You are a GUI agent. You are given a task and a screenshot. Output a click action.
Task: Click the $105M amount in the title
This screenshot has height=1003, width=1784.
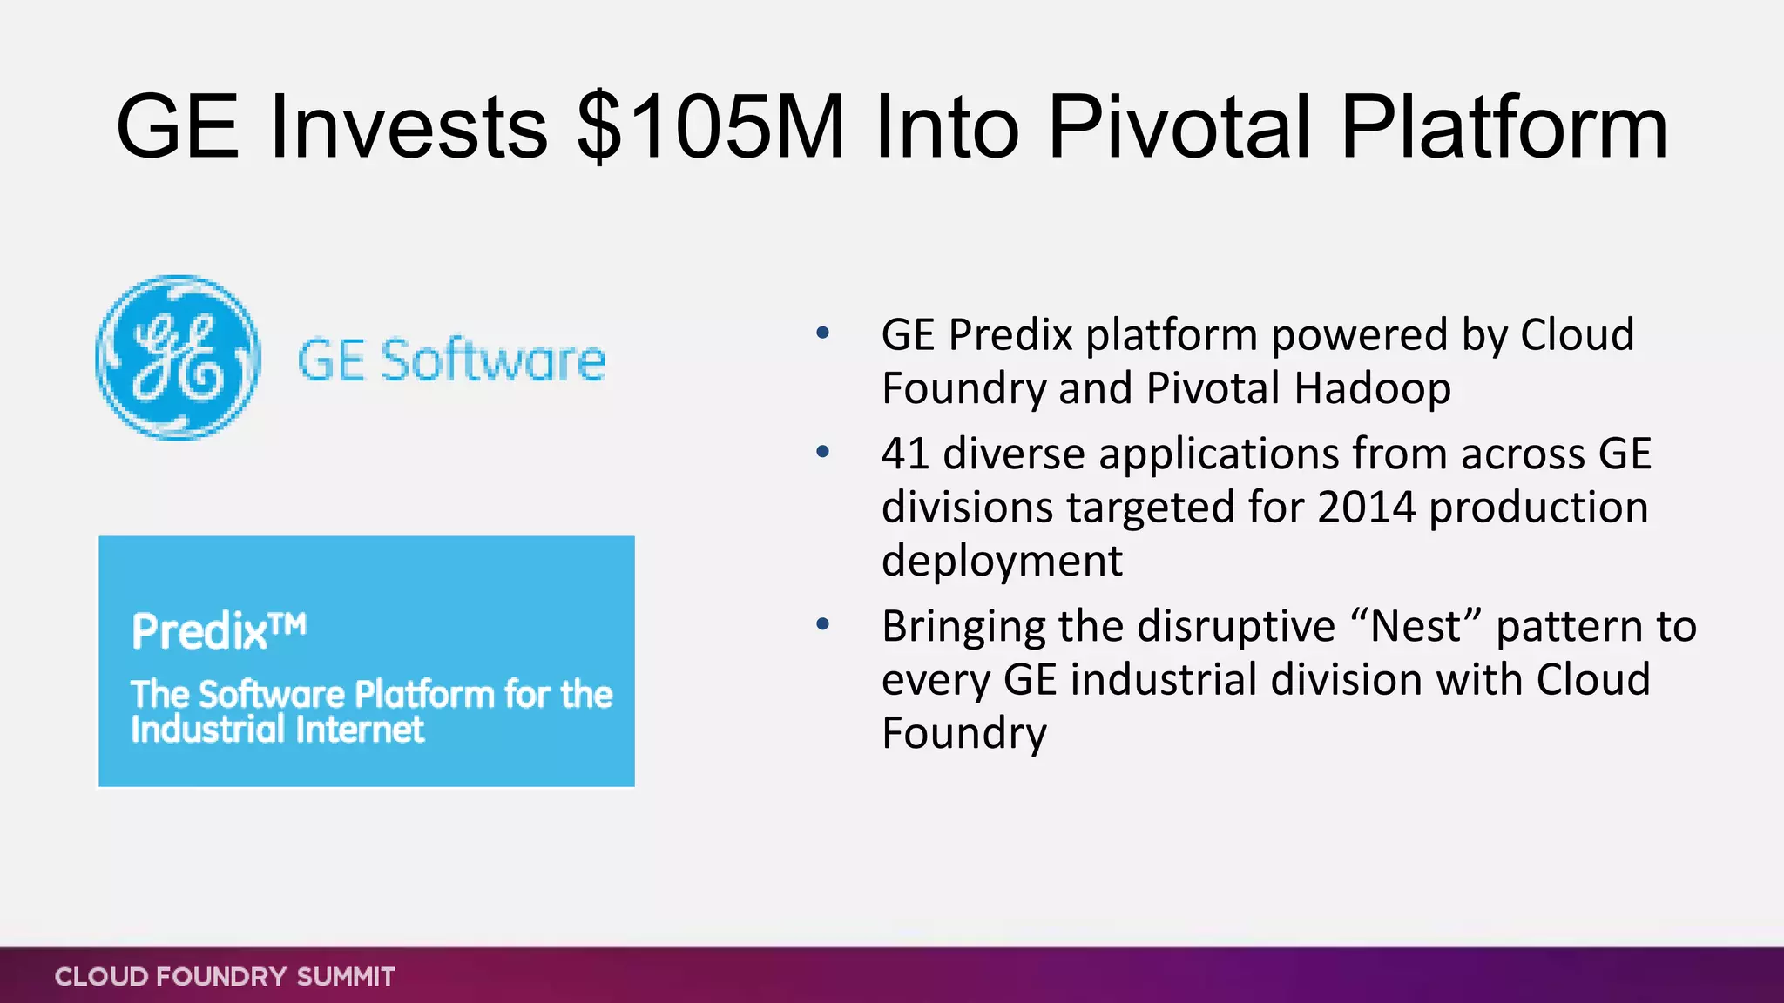coord(710,127)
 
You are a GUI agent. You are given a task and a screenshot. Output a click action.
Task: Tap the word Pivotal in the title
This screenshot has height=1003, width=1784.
coord(1179,127)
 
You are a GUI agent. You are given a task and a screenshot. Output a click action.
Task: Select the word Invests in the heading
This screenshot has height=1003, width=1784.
coord(409,127)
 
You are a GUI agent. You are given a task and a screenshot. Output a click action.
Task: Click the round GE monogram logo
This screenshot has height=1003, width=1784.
coord(178,358)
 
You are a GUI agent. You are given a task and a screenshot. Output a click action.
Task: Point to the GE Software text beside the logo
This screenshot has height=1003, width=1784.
coord(451,360)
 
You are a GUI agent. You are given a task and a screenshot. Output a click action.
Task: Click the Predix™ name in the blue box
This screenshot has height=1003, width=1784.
coord(218,630)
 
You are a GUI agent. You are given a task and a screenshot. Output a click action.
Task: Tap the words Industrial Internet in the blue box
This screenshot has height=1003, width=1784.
coord(277,730)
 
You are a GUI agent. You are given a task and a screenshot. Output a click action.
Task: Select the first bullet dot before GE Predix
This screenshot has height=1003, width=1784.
coord(822,333)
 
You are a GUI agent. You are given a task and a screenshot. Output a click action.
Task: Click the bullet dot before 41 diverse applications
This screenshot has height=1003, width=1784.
coord(822,453)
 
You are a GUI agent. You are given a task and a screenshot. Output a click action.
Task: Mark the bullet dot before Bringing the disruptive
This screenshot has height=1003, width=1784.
coord(822,624)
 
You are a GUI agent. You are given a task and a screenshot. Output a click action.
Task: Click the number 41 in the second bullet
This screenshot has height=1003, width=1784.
coord(905,454)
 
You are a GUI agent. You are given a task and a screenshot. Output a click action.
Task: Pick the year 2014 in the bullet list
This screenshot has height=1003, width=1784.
coord(1366,508)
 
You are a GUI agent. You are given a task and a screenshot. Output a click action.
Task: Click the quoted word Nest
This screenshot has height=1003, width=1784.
coord(1416,626)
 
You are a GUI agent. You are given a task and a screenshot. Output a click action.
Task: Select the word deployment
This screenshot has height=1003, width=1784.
coord(1002,561)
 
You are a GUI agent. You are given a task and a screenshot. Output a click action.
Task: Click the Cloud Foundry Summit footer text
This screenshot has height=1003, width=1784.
coord(225,977)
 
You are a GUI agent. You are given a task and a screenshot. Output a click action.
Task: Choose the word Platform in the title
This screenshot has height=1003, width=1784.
coord(1504,127)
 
